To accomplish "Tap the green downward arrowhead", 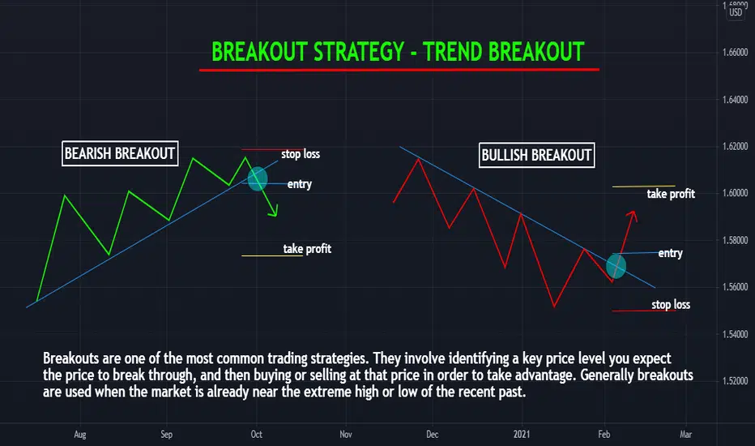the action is tap(274, 212).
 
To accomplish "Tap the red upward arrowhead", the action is tap(633, 216).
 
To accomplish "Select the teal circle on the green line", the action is tap(258, 178).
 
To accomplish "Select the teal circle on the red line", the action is tap(616, 266).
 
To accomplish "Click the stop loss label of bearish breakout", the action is tap(301, 154).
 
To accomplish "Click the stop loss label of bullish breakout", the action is tap(671, 305).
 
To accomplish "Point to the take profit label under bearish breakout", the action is tap(307, 249).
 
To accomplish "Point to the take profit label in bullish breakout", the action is tap(671, 194).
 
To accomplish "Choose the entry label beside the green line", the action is tap(300, 184).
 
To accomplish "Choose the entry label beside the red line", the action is tap(670, 253).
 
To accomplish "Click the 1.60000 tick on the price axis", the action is tap(736, 193).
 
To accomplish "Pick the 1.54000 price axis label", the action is tap(736, 334).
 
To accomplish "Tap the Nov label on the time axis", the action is tap(346, 435).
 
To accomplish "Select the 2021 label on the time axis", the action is tap(522, 435).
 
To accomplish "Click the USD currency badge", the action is tap(736, 12).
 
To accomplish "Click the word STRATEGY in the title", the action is tap(359, 52).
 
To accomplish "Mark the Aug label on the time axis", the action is tap(80, 435).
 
